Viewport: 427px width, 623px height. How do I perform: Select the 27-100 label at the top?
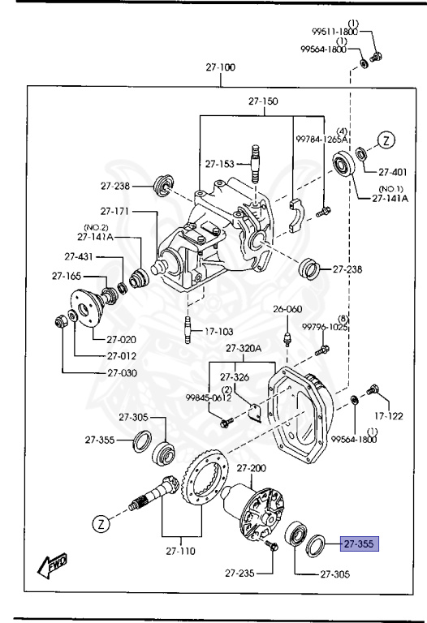pyautogui.click(x=220, y=67)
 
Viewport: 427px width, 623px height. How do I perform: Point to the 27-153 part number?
pyautogui.click(x=219, y=163)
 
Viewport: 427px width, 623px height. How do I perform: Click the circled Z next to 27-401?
pyautogui.click(x=387, y=140)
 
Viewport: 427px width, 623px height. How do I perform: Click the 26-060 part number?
pyautogui.click(x=287, y=309)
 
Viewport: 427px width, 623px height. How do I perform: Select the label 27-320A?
pyautogui.click(x=244, y=348)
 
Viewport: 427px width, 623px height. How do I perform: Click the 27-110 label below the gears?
pyautogui.click(x=182, y=551)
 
